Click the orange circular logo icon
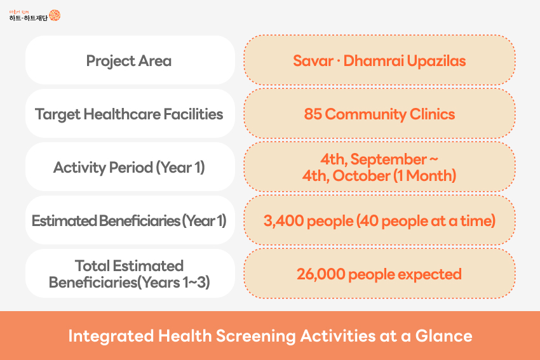pos(55,15)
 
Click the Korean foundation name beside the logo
pos(29,18)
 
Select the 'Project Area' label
pos(129,61)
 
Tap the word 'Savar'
pos(313,61)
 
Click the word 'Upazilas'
pos(436,61)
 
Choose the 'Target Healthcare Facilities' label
pos(129,114)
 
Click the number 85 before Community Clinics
pos(313,114)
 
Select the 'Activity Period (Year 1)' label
pos(129,168)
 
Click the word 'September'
pos(388,159)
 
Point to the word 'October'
pos(361,176)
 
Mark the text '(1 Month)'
pos(424,176)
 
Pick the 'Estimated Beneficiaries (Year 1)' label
pos(129,221)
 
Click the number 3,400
pos(284,221)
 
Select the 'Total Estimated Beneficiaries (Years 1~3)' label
pos(129,274)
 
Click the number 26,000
pos(321,274)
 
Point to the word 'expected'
pos(429,275)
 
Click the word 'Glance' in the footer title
pos(444,336)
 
